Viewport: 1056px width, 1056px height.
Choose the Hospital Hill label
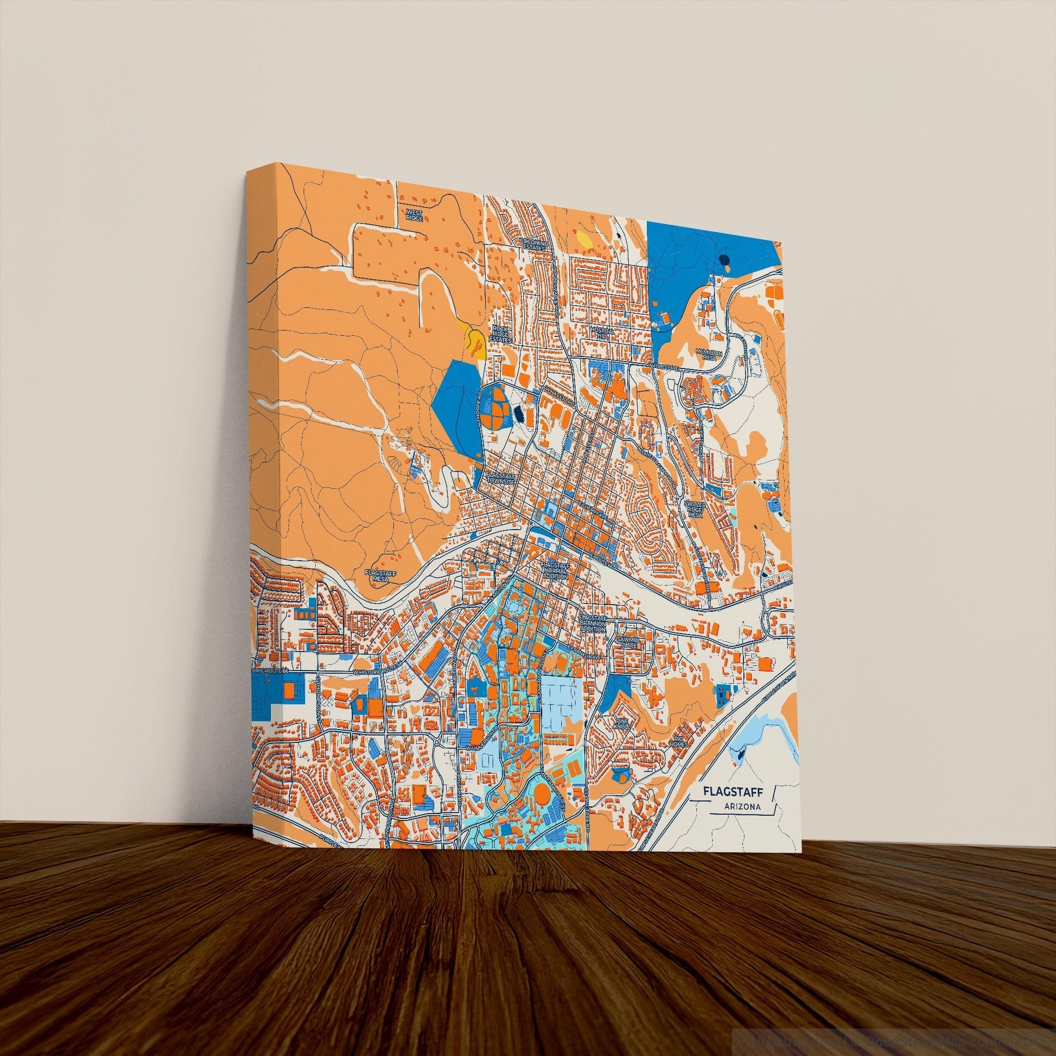pos(603,333)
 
